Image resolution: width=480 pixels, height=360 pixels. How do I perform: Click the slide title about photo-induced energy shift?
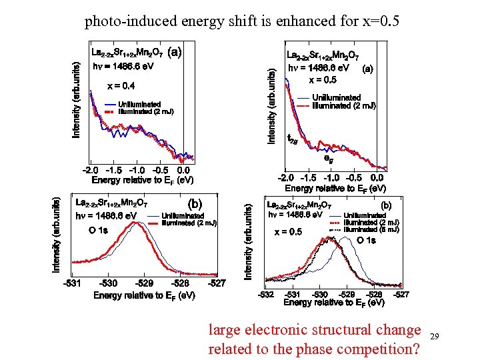coord(241,21)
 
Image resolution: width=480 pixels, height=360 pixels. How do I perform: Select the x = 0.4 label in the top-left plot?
coord(121,85)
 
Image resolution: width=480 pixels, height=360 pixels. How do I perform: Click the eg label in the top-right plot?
coord(328,159)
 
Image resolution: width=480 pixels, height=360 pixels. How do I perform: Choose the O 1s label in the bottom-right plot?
coord(366,240)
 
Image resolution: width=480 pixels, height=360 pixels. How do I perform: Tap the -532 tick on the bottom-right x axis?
coord(265,294)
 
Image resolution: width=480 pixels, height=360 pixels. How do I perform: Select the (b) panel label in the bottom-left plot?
coord(195,203)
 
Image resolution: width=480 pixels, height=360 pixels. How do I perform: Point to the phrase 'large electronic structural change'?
coord(315,329)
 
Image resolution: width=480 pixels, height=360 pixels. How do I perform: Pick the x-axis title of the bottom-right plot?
coord(333,303)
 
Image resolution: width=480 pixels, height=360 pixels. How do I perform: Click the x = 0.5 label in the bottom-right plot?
coord(288,232)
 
